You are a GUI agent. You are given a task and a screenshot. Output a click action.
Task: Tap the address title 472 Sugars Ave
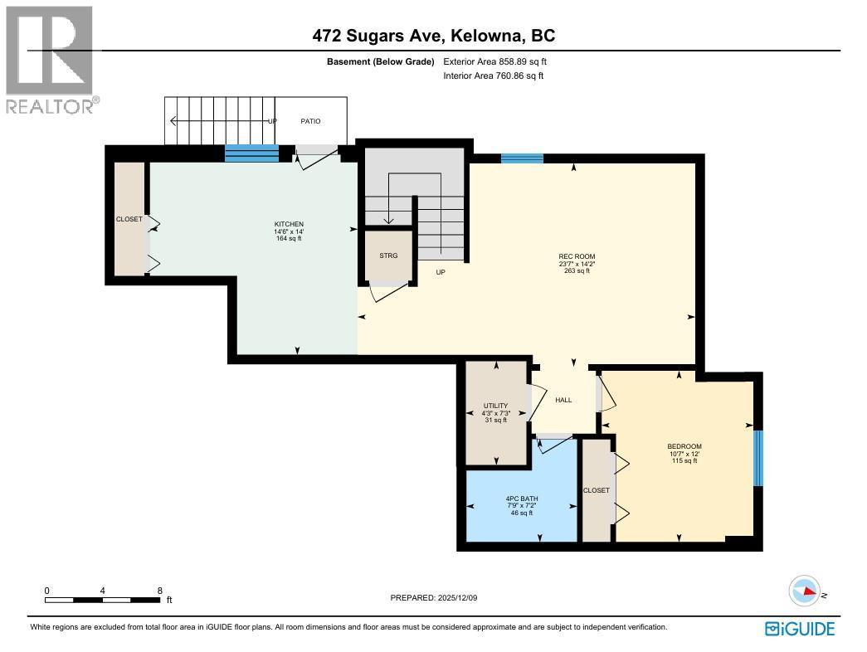click(433, 36)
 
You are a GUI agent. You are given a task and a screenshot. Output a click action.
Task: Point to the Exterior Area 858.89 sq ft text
click(495, 61)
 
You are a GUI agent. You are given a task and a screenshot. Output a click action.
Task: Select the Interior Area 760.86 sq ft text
click(494, 76)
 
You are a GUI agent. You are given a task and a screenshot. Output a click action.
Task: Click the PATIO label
click(310, 121)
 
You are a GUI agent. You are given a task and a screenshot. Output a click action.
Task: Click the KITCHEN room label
click(289, 225)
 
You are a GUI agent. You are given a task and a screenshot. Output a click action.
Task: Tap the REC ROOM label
click(577, 256)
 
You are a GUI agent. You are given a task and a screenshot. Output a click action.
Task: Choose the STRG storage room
click(388, 255)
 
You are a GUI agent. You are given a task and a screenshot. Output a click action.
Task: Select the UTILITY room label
click(494, 406)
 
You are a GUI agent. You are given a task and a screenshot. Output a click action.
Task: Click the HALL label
click(563, 400)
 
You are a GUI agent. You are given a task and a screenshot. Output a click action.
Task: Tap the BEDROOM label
click(684, 447)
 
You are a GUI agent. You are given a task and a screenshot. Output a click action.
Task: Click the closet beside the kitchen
click(129, 219)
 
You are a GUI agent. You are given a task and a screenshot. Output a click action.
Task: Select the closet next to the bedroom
click(596, 490)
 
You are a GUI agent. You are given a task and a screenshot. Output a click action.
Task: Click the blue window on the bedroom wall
click(757, 458)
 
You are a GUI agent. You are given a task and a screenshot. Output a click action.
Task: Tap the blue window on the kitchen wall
click(252, 153)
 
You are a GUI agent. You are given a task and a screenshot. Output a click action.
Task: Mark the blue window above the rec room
click(522, 158)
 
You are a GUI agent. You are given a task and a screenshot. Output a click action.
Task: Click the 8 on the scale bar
click(159, 591)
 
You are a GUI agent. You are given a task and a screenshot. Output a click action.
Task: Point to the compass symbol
click(805, 591)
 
